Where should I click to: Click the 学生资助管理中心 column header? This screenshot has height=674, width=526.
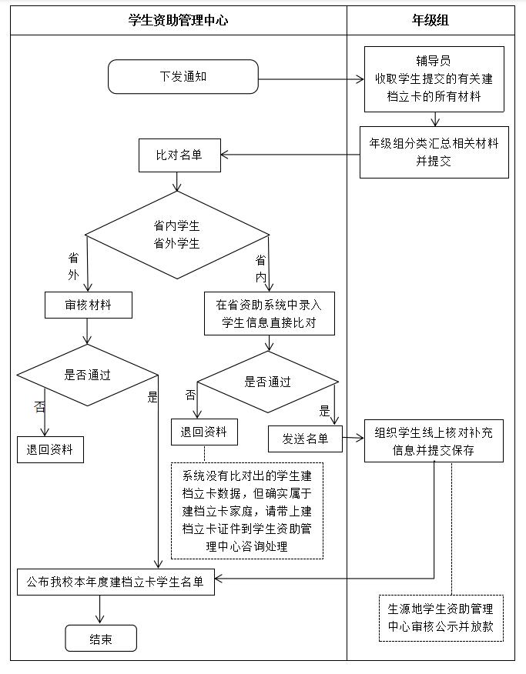click(x=178, y=21)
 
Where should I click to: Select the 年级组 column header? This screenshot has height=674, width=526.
click(x=431, y=21)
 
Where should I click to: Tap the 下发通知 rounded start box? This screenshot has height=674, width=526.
click(x=183, y=77)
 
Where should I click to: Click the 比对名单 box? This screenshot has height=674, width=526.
click(x=179, y=155)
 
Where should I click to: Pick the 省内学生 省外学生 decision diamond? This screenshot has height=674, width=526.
click(x=177, y=235)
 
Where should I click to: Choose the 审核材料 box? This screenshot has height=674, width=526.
click(x=88, y=305)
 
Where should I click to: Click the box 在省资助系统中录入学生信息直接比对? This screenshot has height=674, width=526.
click(x=270, y=313)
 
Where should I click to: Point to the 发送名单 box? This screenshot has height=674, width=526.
click(x=305, y=439)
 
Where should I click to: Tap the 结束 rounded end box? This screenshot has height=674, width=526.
click(x=101, y=639)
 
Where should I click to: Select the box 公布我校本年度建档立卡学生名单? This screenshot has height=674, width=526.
click(x=116, y=582)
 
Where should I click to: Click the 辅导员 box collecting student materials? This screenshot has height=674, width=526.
click(x=434, y=78)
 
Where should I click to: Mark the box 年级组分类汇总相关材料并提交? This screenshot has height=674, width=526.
click(x=434, y=152)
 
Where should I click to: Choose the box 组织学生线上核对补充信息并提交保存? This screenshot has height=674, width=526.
click(x=434, y=441)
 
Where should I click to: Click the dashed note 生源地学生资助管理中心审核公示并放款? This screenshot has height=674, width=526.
click(x=441, y=618)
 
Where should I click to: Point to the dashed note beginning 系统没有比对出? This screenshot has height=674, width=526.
click(x=246, y=510)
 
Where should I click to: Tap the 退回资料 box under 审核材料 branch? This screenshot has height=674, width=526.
click(x=50, y=449)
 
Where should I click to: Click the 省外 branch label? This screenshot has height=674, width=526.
click(x=73, y=265)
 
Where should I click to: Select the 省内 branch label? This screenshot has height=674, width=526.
click(x=261, y=268)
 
